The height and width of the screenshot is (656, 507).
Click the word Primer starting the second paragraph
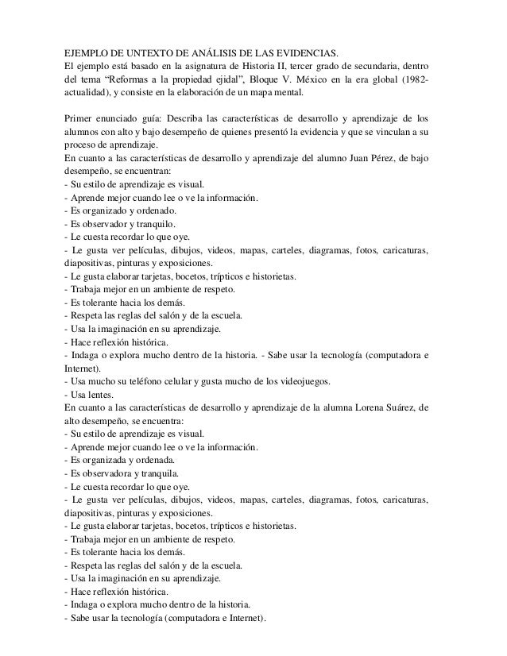coord(80,118)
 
